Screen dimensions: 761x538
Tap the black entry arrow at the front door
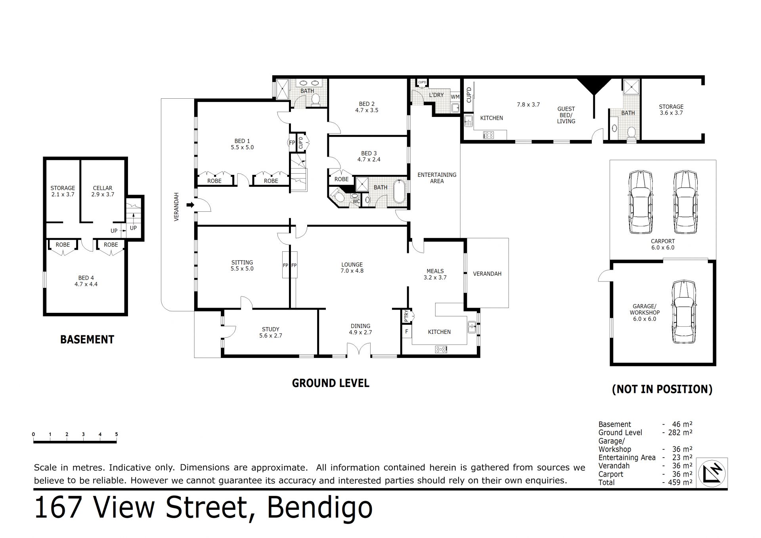point(191,205)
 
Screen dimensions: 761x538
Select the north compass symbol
point(712,473)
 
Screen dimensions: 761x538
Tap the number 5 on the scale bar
point(117,434)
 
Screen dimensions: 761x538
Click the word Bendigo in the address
point(320,508)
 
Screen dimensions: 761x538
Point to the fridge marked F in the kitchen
point(407,331)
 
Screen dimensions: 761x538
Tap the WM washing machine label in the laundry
point(455,97)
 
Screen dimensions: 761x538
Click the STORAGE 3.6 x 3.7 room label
point(671,110)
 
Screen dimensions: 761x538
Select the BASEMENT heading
point(87,340)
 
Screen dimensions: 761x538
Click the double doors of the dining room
point(359,350)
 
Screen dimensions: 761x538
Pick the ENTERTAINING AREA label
point(437,178)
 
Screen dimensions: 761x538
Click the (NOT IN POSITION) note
point(662,389)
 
